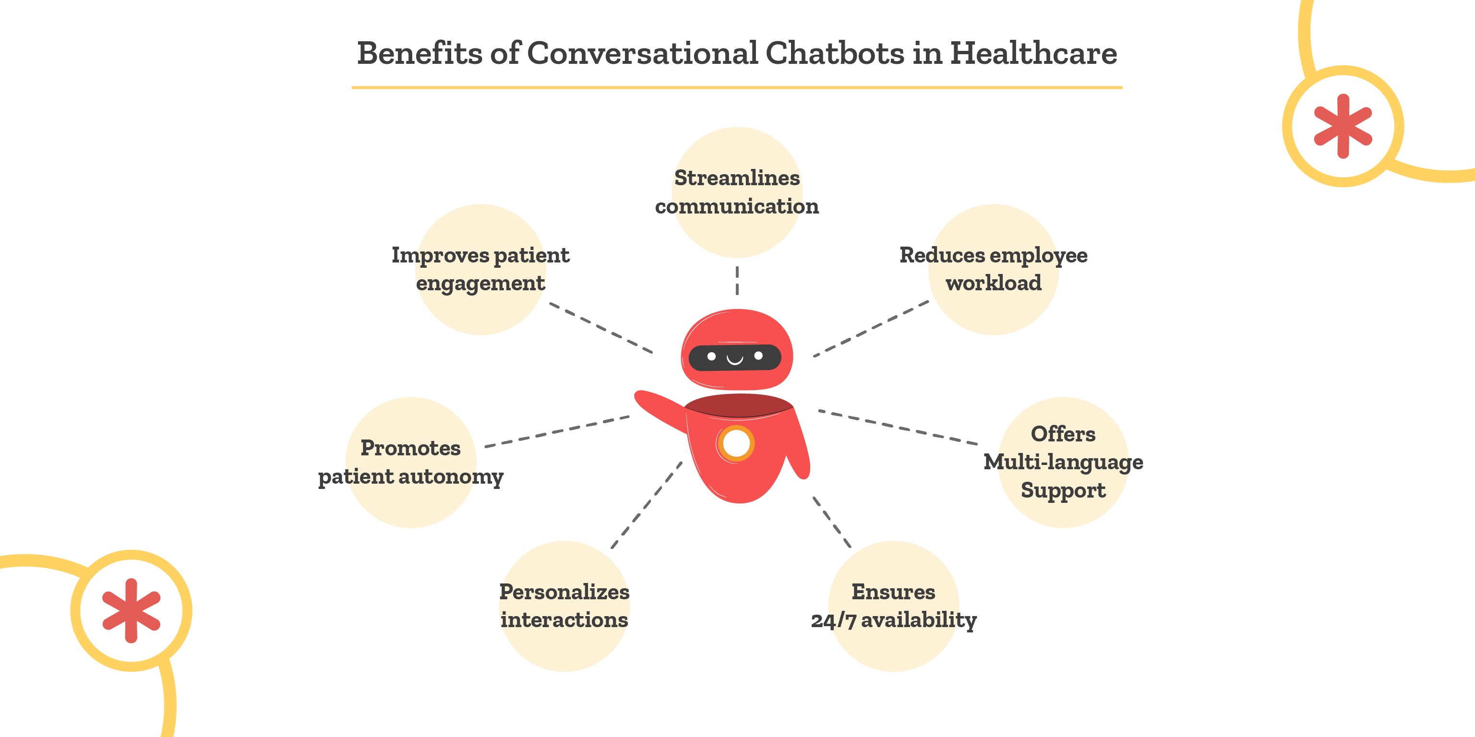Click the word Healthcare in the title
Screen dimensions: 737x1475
click(1033, 53)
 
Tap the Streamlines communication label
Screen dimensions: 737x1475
click(737, 192)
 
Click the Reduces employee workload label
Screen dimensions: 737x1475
click(994, 269)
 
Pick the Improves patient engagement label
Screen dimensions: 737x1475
click(480, 269)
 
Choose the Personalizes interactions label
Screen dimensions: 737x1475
click(564, 606)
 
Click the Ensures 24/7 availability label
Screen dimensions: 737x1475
click(893, 606)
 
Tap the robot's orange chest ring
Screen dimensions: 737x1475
click(736, 443)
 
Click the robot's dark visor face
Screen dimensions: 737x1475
click(735, 357)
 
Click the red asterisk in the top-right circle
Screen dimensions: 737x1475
click(1343, 126)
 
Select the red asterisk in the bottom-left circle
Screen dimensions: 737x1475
click(131, 610)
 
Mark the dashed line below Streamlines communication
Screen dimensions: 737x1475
click(737, 280)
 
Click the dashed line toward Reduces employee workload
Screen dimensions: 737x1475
click(870, 329)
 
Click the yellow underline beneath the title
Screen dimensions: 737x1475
click(737, 87)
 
